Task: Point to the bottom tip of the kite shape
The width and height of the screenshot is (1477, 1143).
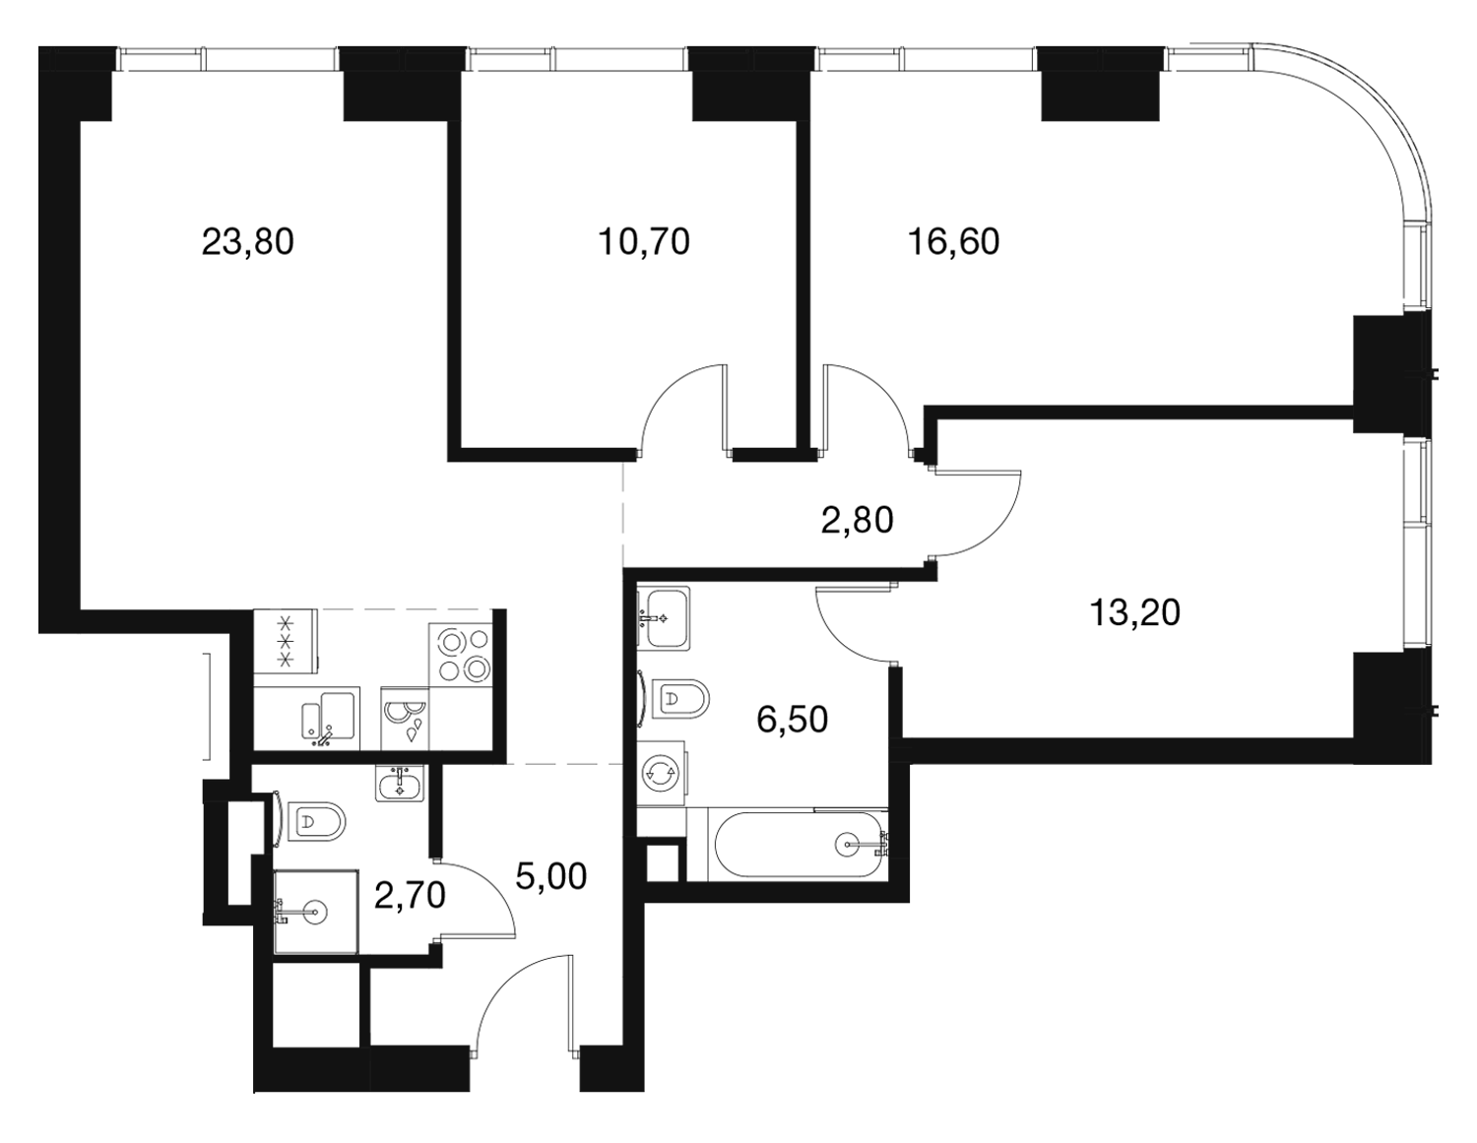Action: click(263, 430)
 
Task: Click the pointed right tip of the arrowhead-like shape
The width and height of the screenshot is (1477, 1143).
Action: click(1126, 258)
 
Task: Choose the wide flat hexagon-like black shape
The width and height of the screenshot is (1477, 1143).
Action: click(1147, 596)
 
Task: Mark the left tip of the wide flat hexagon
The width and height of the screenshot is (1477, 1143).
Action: click(1001, 628)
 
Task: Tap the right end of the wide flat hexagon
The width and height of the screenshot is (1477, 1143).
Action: click(1290, 598)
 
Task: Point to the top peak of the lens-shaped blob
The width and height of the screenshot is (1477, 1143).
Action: click(866, 461)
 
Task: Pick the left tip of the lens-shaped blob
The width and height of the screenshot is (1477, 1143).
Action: click(772, 513)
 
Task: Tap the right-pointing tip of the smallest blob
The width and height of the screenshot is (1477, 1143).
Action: click(474, 901)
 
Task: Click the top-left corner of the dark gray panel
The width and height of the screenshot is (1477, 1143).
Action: click(39, 43)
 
